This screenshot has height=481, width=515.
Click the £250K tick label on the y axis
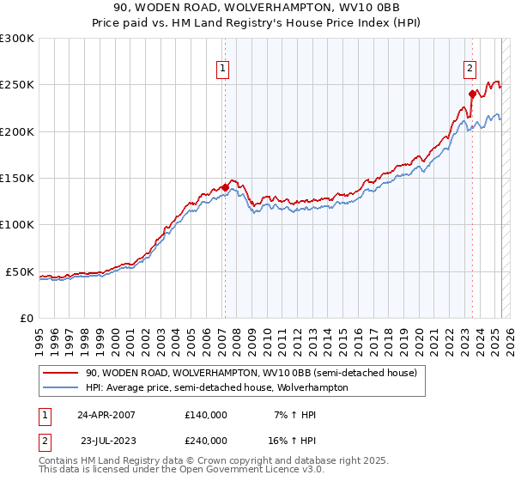coord(17,85)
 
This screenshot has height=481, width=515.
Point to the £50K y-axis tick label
coord(20,271)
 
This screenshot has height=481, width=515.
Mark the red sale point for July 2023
coord(472,94)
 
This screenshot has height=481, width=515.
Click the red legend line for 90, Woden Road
coord(62,373)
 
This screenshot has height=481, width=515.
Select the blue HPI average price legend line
coord(62,387)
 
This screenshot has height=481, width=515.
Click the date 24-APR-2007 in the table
coord(106,414)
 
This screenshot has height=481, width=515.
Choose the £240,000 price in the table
coord(206,440)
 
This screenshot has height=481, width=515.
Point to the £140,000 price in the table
coord(206,414)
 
